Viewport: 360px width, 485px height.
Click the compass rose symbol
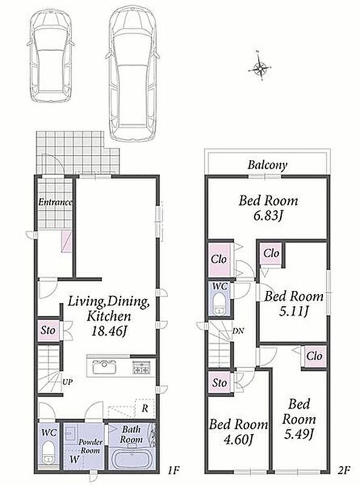(x=259, y=67)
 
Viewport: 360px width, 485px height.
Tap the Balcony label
(x=267, y=165)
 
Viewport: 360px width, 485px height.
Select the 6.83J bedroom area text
(x=268, y=216)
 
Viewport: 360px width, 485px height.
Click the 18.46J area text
(x=110, y=331)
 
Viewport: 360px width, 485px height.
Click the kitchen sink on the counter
(x=105, y=367)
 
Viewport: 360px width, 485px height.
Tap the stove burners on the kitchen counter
(x=141, y=367)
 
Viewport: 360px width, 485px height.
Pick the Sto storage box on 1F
(x=48, y=330)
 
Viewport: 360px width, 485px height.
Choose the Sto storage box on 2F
(x=219, y=383)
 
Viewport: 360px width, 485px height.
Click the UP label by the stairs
(x=67, y=382)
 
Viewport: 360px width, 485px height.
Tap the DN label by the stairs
(x=238, y=330)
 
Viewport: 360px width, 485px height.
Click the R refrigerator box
(x=145, y=408)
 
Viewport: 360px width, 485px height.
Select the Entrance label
(x=55, y=202)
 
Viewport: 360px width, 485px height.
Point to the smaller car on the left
(x=51, y=56)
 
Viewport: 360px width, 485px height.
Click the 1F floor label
(x=173, y=470)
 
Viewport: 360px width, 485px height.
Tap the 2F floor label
(x=343, y=470)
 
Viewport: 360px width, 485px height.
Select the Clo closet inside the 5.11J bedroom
(x=272, y=254)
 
